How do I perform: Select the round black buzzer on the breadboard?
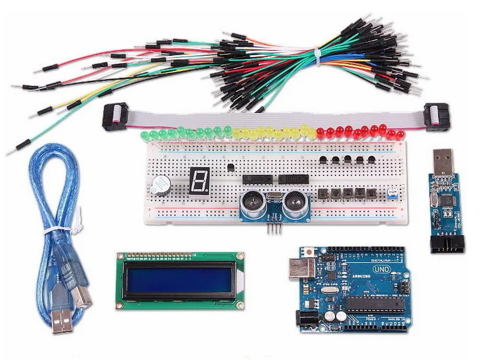[x=160, y=185]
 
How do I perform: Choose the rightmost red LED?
[x=400, y=135]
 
